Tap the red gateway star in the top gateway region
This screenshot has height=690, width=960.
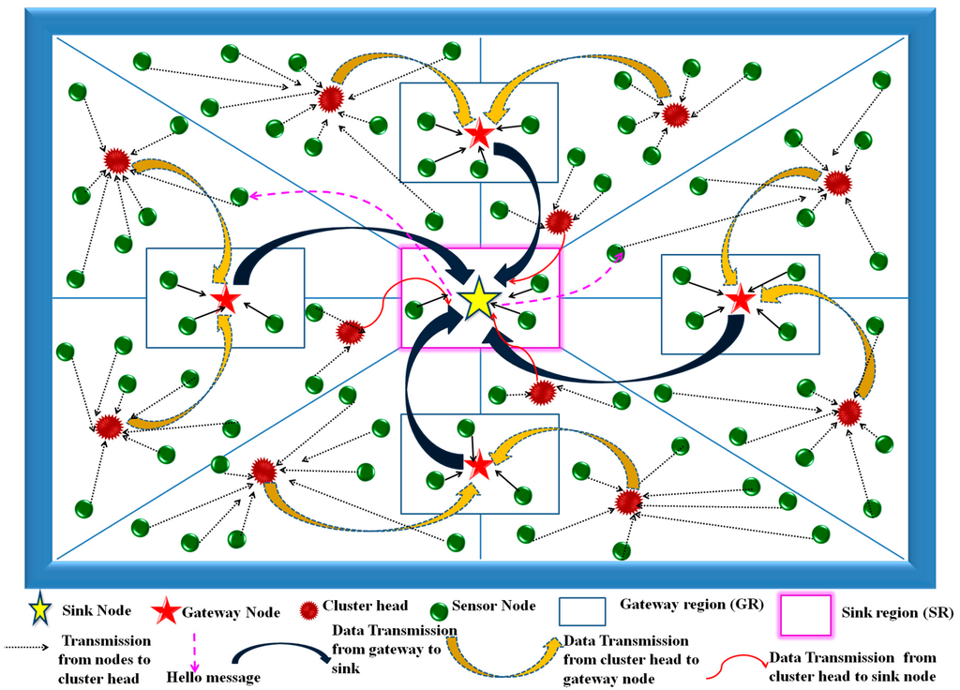pos(479,133)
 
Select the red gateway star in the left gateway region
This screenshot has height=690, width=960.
pos(225,300)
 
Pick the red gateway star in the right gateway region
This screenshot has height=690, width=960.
pos(741,299)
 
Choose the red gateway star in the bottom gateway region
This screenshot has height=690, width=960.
pos(479,463)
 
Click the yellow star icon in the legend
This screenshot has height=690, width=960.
pos(40,610)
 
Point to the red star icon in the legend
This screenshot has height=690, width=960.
pos(166,611)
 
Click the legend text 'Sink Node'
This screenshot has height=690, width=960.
pos(96,611)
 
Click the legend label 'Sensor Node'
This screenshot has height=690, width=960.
pos(493,606)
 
